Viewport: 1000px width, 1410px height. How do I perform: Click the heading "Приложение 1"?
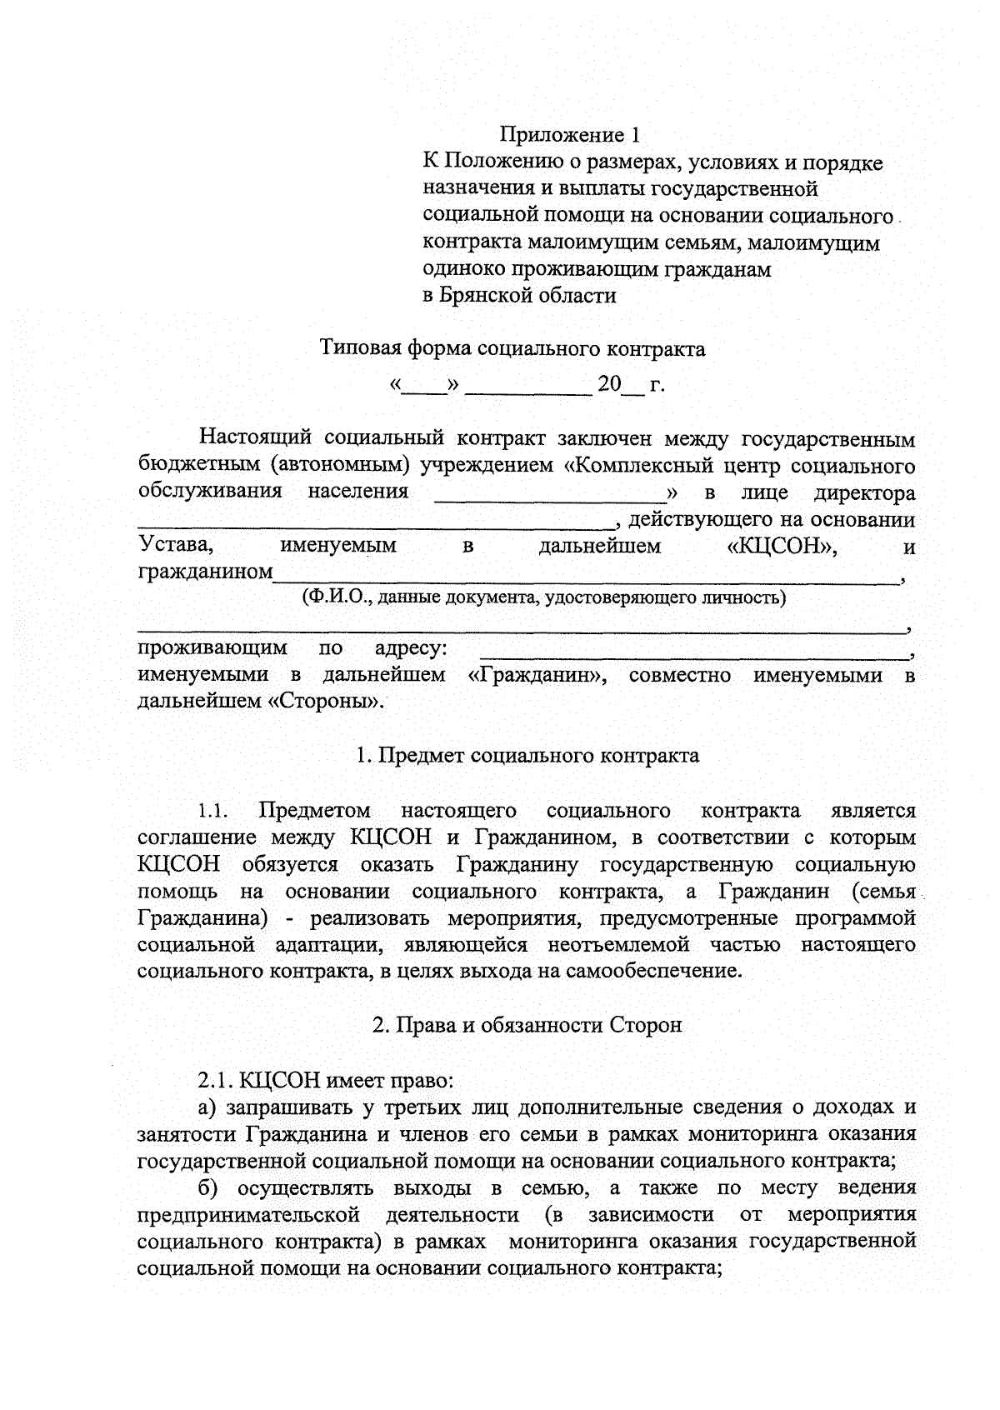[x=572, y=134]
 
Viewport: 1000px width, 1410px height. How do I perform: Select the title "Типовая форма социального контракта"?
[x=513, y=348]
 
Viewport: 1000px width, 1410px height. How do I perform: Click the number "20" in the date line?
[x=610, y=385]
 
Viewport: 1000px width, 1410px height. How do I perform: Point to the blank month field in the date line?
[x=528, y=387]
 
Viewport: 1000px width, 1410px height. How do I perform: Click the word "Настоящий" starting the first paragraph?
[x=251, y=438]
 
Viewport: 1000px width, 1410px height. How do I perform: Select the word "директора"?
[x=864, y=492]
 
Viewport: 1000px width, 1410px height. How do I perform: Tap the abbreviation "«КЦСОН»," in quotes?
[x=782, y=547]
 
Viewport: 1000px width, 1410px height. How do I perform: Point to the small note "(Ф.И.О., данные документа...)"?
[x=543, y=597]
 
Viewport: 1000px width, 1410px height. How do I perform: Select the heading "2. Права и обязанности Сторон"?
[x=527, y=1025]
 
